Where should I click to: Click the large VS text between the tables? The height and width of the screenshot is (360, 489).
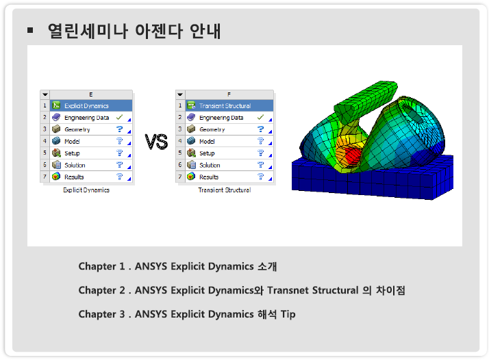pos(156,142)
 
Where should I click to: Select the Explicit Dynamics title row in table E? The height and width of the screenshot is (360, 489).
pos(91,105)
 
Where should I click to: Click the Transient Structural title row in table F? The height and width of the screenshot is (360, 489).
pos(229,105)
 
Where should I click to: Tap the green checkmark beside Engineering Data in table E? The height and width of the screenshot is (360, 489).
pos(119,117)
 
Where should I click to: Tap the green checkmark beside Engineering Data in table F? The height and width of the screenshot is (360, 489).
pos(260,117)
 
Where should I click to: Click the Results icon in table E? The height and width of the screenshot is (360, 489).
pos(56,177)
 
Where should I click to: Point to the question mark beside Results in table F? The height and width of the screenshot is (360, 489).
pos(260,177)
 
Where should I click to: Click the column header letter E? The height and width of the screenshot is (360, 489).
pos(91,94)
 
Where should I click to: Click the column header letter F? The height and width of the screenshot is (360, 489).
pos(229,94)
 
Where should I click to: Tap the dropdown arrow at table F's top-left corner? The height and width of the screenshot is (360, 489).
pos(180,94)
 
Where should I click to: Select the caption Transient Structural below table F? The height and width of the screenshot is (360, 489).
pos(225,190)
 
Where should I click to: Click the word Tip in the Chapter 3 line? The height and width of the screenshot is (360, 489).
pos(288,314)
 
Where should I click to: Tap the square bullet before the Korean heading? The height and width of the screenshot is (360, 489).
pos(30,30)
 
